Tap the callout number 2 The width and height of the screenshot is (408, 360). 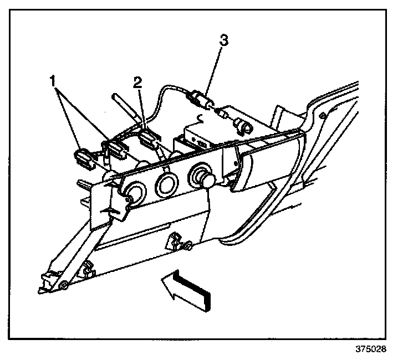pyautogui.click(x=137, y=83)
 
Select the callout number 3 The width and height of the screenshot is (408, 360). pyautogui.click(x=223, y=40)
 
